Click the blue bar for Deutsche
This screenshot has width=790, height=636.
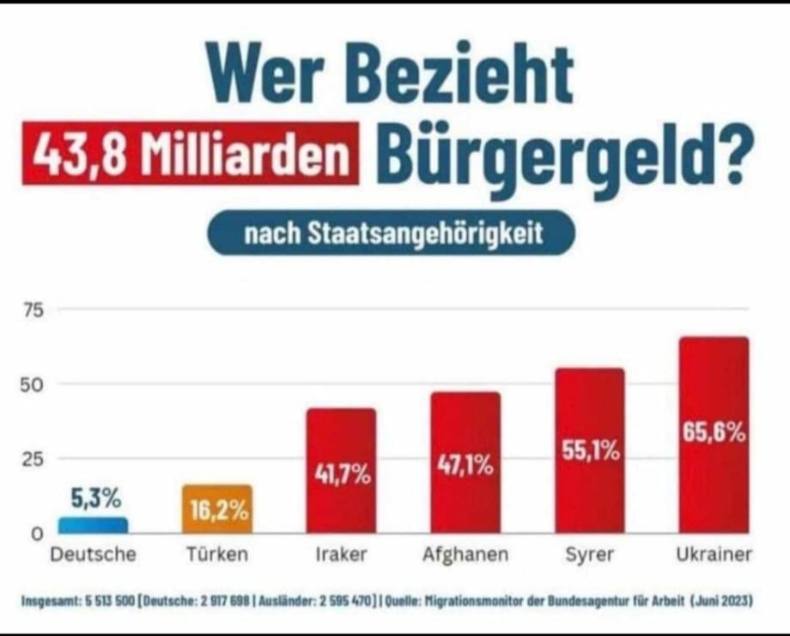point(93,524)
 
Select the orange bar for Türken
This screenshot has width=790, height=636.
point(217,509)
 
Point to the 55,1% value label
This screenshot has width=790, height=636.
point(591,450)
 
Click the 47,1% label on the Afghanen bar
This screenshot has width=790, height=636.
point(465,466)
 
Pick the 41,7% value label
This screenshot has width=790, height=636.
point(341,473)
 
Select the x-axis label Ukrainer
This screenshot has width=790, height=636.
point(714,555)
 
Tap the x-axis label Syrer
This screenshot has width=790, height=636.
point(589,555)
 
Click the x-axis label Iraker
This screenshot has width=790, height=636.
point(341,555)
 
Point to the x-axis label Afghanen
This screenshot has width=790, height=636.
point(465,555)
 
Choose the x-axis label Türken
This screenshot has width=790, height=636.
point(217,555)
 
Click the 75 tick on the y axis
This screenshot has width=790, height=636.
point(32,310)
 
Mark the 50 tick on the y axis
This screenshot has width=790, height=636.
point(32,384)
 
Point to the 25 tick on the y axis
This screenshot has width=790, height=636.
point(32,459)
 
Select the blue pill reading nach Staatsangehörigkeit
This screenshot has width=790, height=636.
point(391,233)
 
